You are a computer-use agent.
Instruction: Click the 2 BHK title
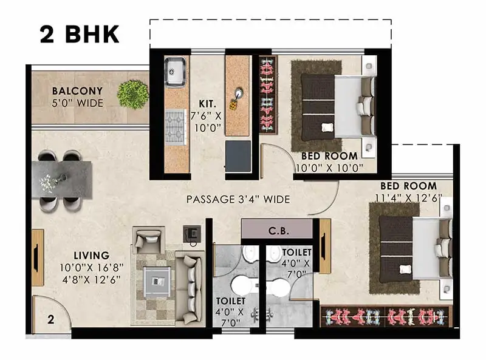(x=79, y=34)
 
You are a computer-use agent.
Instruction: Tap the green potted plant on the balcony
(x=133, y=94)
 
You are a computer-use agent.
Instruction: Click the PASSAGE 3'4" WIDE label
(x=238, y=199)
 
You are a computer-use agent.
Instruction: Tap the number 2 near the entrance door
(x=50, y=318)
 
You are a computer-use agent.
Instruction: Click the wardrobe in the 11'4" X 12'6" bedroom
(x=386, y=316)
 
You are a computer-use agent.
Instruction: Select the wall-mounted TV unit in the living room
(x=37, y=257)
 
